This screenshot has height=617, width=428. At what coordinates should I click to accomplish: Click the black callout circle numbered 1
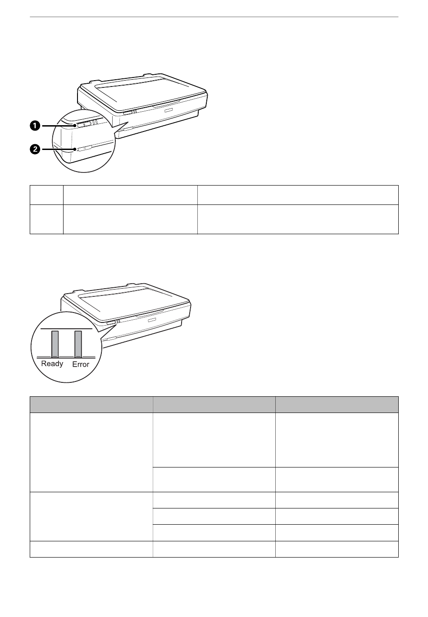(x=35, y=126)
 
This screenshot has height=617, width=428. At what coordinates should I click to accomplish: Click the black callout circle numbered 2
(x=35, y=149)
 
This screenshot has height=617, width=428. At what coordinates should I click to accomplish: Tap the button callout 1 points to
(x=84, y=124)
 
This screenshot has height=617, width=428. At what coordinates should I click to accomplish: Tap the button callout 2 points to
(x=85, y=148)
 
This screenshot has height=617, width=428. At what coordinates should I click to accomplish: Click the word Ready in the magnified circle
(x=52, y=363)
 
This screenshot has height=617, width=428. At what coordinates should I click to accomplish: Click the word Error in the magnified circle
(x=81, y=364)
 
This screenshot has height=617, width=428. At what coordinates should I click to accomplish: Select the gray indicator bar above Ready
(x=55, y=344)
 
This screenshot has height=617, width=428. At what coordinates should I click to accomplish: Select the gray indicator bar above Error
(x=78, y=344)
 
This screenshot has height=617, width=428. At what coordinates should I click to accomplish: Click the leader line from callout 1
(x=59, y=126)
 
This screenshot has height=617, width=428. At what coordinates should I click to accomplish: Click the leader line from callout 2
(x=59, y=149)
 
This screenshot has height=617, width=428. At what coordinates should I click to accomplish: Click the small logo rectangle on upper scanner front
(x=168, y=111)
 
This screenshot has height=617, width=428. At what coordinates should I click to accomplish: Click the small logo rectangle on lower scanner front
(x=152, y=320)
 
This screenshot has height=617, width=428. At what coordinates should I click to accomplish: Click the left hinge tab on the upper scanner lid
(x=93, y=82)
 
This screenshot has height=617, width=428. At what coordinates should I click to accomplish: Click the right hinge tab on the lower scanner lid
(x=131, y=284)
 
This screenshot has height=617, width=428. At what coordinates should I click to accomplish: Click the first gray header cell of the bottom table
(x=91, y=404)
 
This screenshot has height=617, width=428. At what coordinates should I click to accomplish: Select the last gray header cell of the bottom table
(x=337, y=404)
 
